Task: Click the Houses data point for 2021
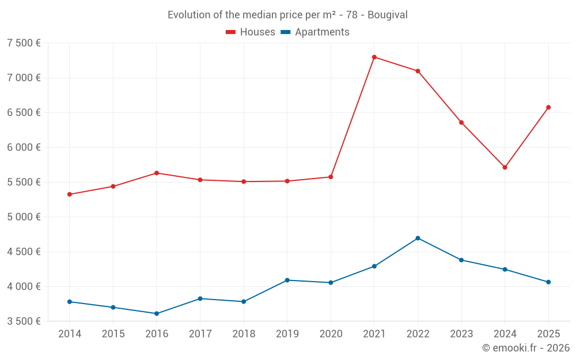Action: [374, 57]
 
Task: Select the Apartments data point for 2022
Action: [418, 238]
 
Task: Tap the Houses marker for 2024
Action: [505, 167]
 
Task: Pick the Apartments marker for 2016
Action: [157, 313]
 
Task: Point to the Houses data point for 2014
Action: [70, 194]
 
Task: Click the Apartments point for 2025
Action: [548, 282]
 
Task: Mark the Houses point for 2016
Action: [157, 173]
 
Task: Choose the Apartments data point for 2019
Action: [287, 280]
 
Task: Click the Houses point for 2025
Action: [548, 107]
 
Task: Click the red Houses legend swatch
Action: [231, 32]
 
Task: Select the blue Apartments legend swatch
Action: [286, 32]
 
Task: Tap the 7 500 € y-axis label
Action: [24, 43]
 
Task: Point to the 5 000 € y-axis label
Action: [24, 217]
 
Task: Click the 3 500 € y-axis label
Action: [24, 321]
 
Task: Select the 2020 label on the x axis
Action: [331, 334]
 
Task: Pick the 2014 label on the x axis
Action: [70, 334]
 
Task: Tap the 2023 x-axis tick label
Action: [461, 334]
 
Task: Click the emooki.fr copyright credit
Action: [526, 348]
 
